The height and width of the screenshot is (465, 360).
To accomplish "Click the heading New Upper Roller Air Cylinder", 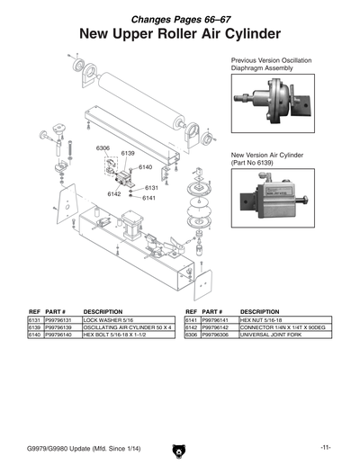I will click(179, 34).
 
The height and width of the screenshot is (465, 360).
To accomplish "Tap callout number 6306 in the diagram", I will click(103, 148).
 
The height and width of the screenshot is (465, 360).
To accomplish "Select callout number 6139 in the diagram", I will click(128, 154).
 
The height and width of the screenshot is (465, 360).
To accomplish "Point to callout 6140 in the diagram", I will click(145, 167).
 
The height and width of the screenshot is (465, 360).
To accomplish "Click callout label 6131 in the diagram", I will click(139, 187).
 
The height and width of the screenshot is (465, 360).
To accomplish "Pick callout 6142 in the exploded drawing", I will click(114, 193).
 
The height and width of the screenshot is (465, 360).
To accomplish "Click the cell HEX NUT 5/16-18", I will click(261, 319).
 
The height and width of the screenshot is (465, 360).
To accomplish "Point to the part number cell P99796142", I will click(219, 326).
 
